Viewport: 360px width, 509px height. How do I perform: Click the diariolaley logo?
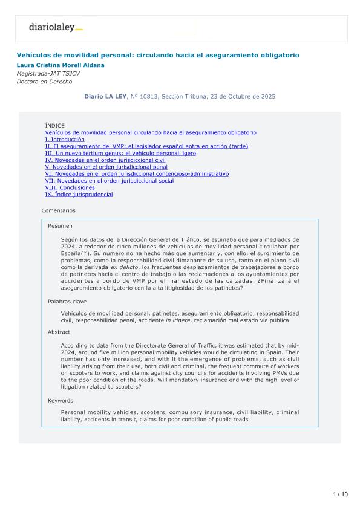tap(55, 27)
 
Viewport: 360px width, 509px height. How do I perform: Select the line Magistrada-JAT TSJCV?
tap(48, 73)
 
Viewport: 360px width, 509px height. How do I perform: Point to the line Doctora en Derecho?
tap(44, 82)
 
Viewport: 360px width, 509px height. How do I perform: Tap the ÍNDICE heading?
tap(54, 126)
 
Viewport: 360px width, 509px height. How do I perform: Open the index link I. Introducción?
tap(65, 139)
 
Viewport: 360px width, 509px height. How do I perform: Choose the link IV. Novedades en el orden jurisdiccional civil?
tap(105, 160)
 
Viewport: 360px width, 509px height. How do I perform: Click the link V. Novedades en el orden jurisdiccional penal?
tap(106, 167)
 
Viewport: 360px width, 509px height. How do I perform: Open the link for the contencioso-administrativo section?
tap(137, 174)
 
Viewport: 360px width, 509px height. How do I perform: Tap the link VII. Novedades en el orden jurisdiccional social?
tap(110, 181)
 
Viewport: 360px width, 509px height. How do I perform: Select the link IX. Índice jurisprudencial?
tap(79, 195)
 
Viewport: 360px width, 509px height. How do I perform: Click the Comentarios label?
tap(59, 210)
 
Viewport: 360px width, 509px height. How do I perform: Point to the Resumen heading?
tap(60, 225)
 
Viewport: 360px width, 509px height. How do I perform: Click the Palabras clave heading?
tap(66, 300)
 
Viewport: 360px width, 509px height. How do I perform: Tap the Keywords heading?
tap(61, 400)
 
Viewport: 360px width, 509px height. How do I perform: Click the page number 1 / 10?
tap(341, 494)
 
